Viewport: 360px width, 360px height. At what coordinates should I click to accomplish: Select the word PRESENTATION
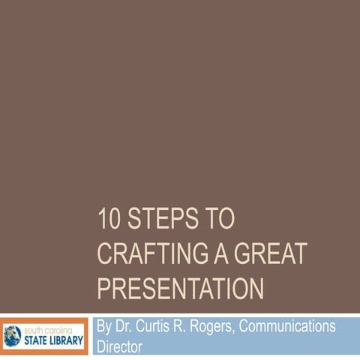click(181, 288)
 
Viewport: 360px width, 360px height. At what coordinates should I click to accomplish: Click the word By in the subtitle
click(105, 328)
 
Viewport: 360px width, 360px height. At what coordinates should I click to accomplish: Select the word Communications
click(292, 328)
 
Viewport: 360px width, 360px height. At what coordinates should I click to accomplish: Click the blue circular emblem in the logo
click(14, 334)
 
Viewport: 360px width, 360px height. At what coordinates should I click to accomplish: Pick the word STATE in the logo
click(38, 337)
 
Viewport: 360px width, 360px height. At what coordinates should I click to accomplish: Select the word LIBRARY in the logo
click(70, 337)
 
